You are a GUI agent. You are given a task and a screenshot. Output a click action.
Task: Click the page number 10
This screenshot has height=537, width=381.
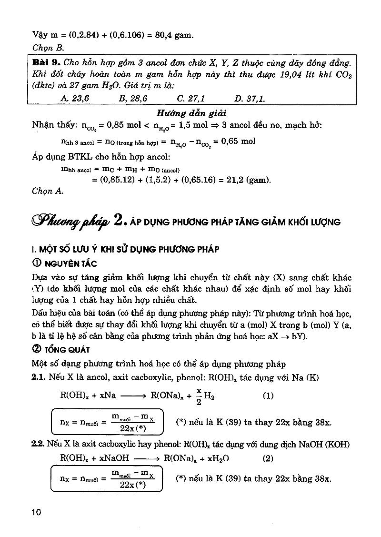[36, 512]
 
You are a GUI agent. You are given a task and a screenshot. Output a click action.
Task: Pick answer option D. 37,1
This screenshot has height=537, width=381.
[250, 99]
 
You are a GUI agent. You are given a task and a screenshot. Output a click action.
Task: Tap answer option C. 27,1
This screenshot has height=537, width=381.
[190, 99]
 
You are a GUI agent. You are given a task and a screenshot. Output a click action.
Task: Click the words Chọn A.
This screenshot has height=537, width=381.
[48, 191]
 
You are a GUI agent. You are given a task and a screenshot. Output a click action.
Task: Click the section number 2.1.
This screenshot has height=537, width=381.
[38, 378]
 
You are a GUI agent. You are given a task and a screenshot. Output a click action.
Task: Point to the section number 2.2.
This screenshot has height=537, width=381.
[38, 444]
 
